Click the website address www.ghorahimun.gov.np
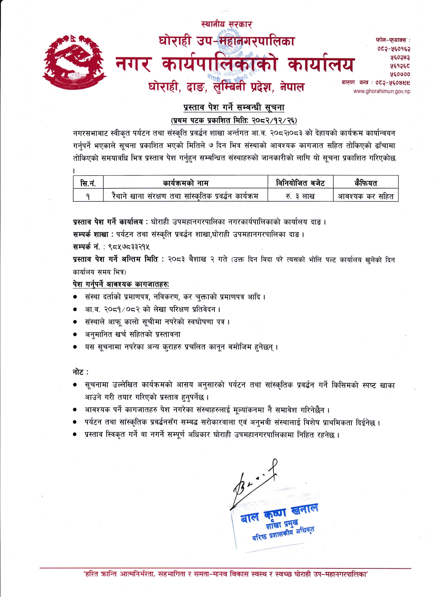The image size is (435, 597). [x=381, y=91]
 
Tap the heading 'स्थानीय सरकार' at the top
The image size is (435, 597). [x=226, y=24]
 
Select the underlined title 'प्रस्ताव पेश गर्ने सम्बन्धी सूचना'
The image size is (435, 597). [x=234, y=107]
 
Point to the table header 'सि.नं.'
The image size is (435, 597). [x=88, y=183]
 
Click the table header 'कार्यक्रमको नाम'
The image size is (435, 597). [x=185, y=183]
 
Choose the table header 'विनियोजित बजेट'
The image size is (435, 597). [x=300, y=183]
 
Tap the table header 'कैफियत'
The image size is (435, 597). [x=365, y=183]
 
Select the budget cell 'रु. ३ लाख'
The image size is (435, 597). [x=300, y=196]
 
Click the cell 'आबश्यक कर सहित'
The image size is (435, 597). [x=365, y=196]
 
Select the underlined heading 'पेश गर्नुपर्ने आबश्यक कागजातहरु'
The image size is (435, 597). [x=121, y=284]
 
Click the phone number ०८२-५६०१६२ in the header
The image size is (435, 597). [x=394, y=49]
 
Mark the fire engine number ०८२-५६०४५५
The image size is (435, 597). [x=390, y=83]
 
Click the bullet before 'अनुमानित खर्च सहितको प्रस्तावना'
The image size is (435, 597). [x=75, y=335]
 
